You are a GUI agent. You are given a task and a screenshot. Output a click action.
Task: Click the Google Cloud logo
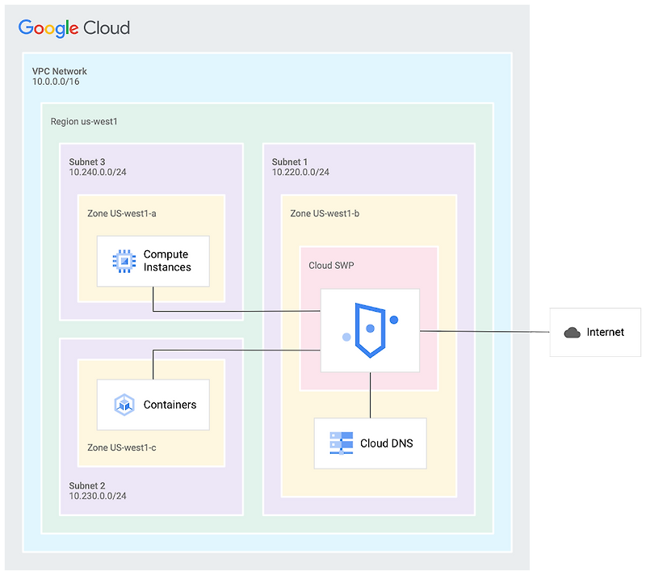(73, 28)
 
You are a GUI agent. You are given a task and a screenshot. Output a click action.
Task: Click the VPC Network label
(60, 71)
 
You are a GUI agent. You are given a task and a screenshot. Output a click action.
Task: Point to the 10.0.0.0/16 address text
(56, 82)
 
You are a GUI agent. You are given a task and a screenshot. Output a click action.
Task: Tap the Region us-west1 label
(84, 121)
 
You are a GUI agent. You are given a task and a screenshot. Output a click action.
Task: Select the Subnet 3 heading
(87, 162)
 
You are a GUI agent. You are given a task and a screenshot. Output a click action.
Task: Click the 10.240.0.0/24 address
(98, 173)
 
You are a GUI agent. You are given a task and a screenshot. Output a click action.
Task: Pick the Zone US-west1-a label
(122, 213)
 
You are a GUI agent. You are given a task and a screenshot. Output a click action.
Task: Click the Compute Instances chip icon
(122, 261)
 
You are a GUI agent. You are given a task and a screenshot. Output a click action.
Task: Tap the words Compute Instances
(167, 261)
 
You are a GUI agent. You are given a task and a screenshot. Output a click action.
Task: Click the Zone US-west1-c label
(122, 447)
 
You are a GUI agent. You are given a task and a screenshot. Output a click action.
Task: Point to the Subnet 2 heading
(87, 486)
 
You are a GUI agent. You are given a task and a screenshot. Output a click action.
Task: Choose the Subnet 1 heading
(290, 162)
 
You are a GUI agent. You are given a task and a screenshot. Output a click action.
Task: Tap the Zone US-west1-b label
(325, 213)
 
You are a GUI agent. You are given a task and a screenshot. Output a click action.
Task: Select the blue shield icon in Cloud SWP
(370, 330)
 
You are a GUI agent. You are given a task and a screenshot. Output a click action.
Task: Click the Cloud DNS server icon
(341, 443)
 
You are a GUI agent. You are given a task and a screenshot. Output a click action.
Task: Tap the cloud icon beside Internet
(573, 333)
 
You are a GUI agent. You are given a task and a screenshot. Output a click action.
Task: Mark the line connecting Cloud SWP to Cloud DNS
(371, 396)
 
